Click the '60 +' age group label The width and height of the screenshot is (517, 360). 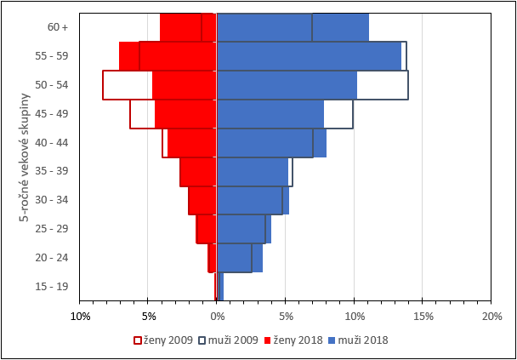pos(58,27)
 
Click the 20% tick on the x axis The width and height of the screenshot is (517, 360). pos(491,317)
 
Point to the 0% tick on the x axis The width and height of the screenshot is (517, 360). pos(217,317)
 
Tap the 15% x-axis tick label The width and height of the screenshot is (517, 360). pos(423,317)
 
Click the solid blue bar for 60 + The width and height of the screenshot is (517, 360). pos(293,27)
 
